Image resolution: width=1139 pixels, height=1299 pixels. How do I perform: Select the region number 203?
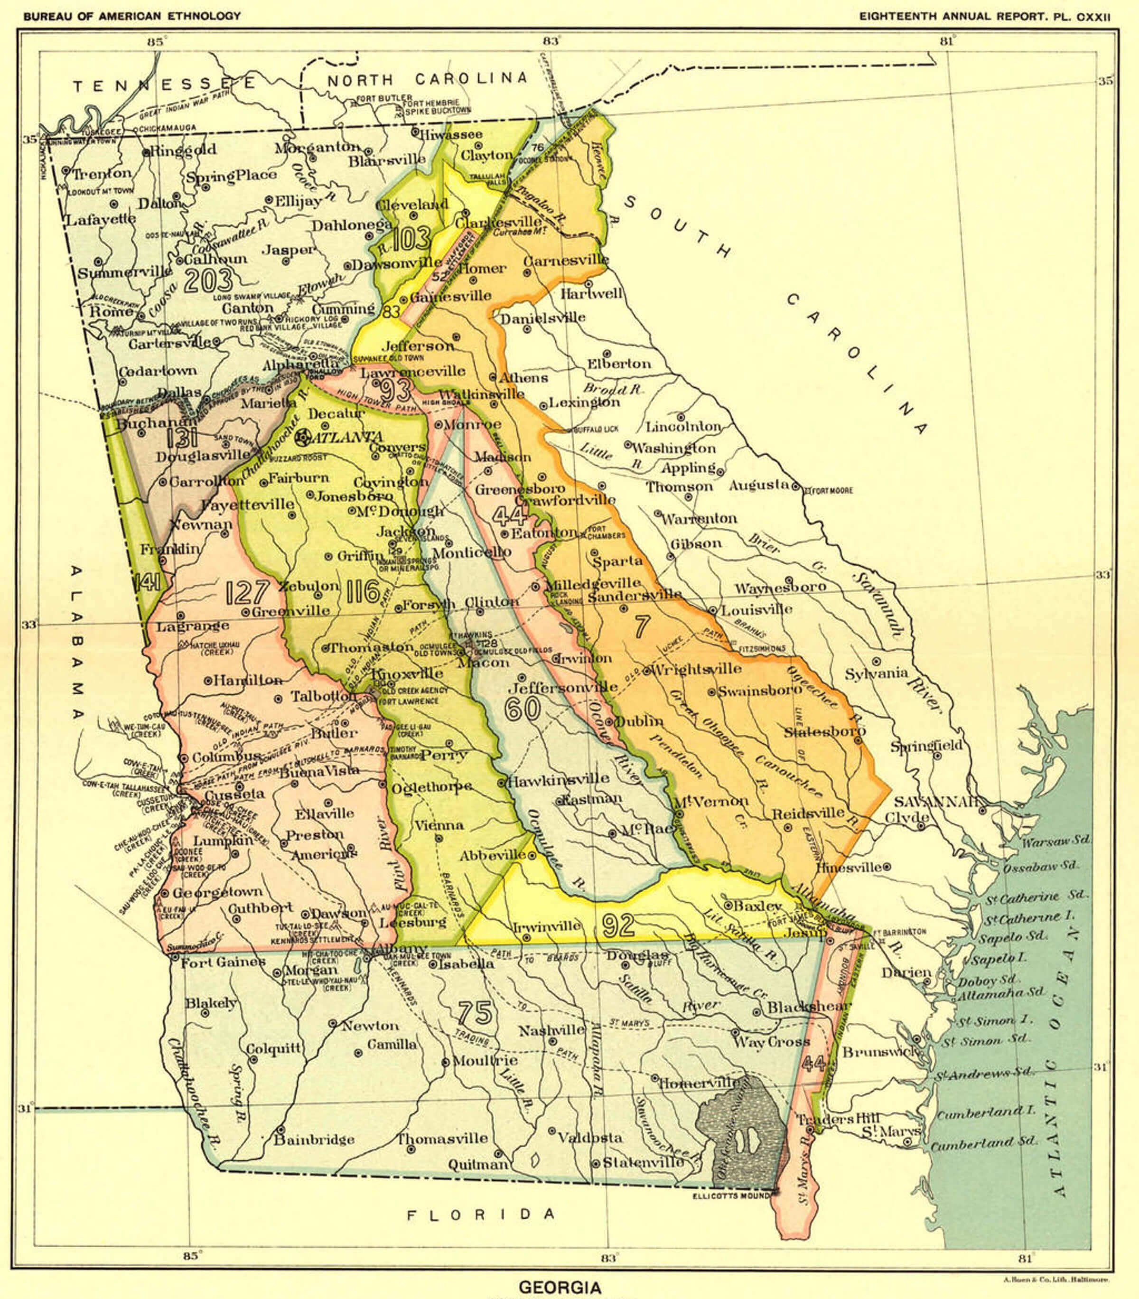tap(207, 281)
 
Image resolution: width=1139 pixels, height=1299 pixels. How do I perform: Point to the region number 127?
tap(247, 592)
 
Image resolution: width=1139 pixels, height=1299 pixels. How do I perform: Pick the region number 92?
tap(618, 925)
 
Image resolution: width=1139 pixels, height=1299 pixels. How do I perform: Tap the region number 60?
tap(523, 709)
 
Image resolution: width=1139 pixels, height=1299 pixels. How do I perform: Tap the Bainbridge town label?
tap(314, 1140)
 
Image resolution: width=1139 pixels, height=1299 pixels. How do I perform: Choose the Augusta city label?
tap(759, 486)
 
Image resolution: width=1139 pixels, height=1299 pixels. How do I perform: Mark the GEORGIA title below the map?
tap(560, 1288)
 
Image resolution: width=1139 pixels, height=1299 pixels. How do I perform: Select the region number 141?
tap(148, 583)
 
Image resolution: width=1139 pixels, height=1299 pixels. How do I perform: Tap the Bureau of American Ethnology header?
tap(132, 16)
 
